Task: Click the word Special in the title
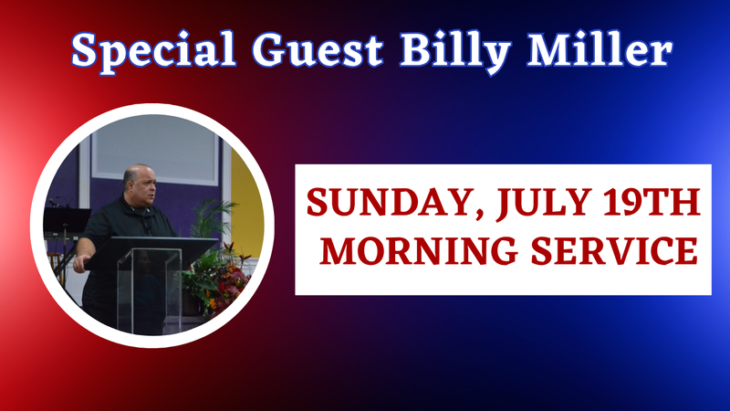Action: (x=153, y=50)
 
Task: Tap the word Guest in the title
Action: (x=318, y=49)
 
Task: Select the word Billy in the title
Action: (x=455, y=51)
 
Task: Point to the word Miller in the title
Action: (x=600, y=49)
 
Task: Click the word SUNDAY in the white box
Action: (x=388, y=202)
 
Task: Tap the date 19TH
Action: (x=652, y=202)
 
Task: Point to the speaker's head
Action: (x=139, y=184)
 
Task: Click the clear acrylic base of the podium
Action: (x=148, y=290)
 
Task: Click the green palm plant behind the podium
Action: (x=212, y=219)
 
